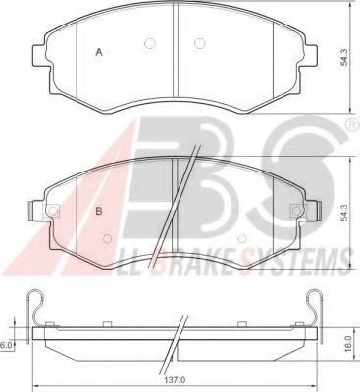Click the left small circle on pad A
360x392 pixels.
pos(149,43)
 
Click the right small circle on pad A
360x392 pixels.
pos(199,43)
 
